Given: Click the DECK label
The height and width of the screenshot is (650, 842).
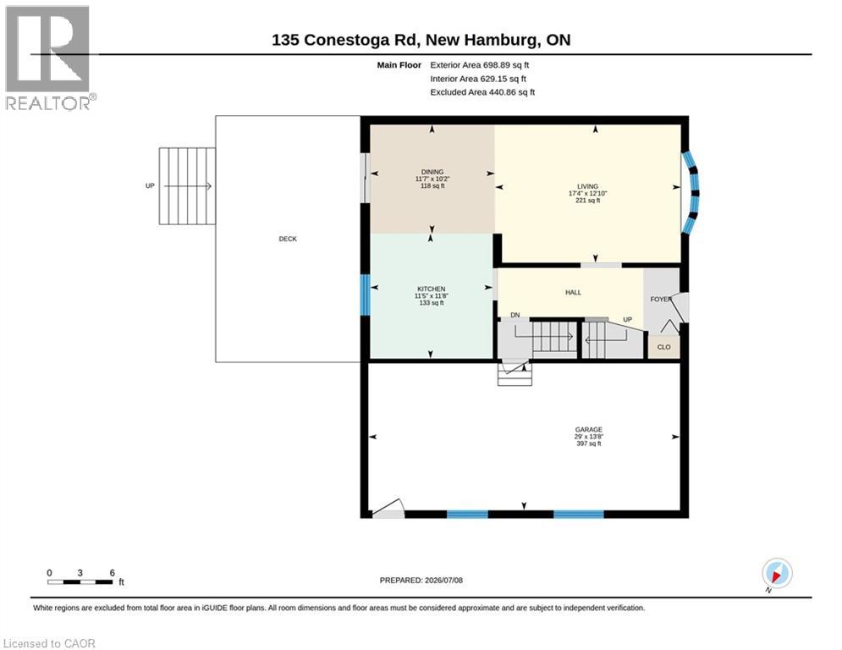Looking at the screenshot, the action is pos(287,239).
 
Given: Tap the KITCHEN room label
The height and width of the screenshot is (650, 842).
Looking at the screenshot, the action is pos(432,289).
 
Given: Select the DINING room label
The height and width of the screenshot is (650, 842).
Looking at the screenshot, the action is pos(432,172).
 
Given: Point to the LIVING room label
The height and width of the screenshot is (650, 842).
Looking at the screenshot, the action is pos(587,186).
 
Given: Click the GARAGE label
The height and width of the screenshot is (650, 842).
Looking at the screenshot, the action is pos(588,430).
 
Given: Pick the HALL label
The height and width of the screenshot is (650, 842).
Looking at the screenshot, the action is pos(573,293).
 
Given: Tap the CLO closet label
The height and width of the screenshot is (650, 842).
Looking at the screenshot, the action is pos(663,347).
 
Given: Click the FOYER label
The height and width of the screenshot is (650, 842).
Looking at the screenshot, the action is pos(661,300).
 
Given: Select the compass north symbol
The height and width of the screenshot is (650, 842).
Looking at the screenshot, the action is pos(777,573).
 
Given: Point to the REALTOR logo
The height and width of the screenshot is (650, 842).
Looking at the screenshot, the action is pos(48,57).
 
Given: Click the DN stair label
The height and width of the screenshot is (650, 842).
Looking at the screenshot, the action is pos(515,316).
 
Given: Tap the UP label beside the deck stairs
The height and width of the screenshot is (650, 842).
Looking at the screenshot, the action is pos(150,186).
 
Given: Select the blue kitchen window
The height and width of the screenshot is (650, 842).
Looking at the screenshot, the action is pos(366,295).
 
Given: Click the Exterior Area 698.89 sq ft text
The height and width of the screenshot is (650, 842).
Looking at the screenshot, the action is pos(480,65).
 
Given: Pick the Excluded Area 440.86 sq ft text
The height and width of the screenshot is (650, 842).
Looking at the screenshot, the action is pos(482,92).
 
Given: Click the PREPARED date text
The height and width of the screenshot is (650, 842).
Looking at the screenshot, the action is pos(421,580).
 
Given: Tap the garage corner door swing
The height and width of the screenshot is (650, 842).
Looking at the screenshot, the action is pos(388,509).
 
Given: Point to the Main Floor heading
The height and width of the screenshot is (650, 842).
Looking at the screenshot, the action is pos(399,65).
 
